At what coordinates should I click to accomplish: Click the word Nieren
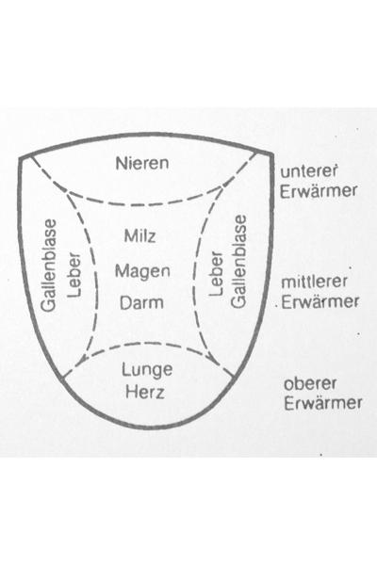click(x=142, y=163)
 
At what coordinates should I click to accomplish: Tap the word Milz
click(x=140, y=236)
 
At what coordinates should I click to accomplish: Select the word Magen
click(x=142, y=271)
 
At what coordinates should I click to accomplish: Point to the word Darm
click(x=141, y=302)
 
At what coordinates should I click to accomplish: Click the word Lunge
click(x=147, y=370)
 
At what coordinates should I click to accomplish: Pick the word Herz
click(x=144, y=392)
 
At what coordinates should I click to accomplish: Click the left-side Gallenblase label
click(x=49, y=266)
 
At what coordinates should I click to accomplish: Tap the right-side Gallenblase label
click(x=238, y=262)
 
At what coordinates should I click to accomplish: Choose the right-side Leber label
click(x=216, y=274)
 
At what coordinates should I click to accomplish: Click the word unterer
click(x=309, y=171)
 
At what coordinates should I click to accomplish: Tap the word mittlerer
click(x=314, y=282)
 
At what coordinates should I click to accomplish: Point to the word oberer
click(x=310, y=384)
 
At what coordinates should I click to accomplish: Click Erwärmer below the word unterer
click(x=319, y=191)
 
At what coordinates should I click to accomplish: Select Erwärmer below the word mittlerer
click(x=320, y=302)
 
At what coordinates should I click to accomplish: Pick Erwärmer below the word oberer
click(x=323, y=403)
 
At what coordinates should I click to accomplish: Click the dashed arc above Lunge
click(x=146, y=344)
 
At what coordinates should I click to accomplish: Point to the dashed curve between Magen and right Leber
click(x=194, y=278)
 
